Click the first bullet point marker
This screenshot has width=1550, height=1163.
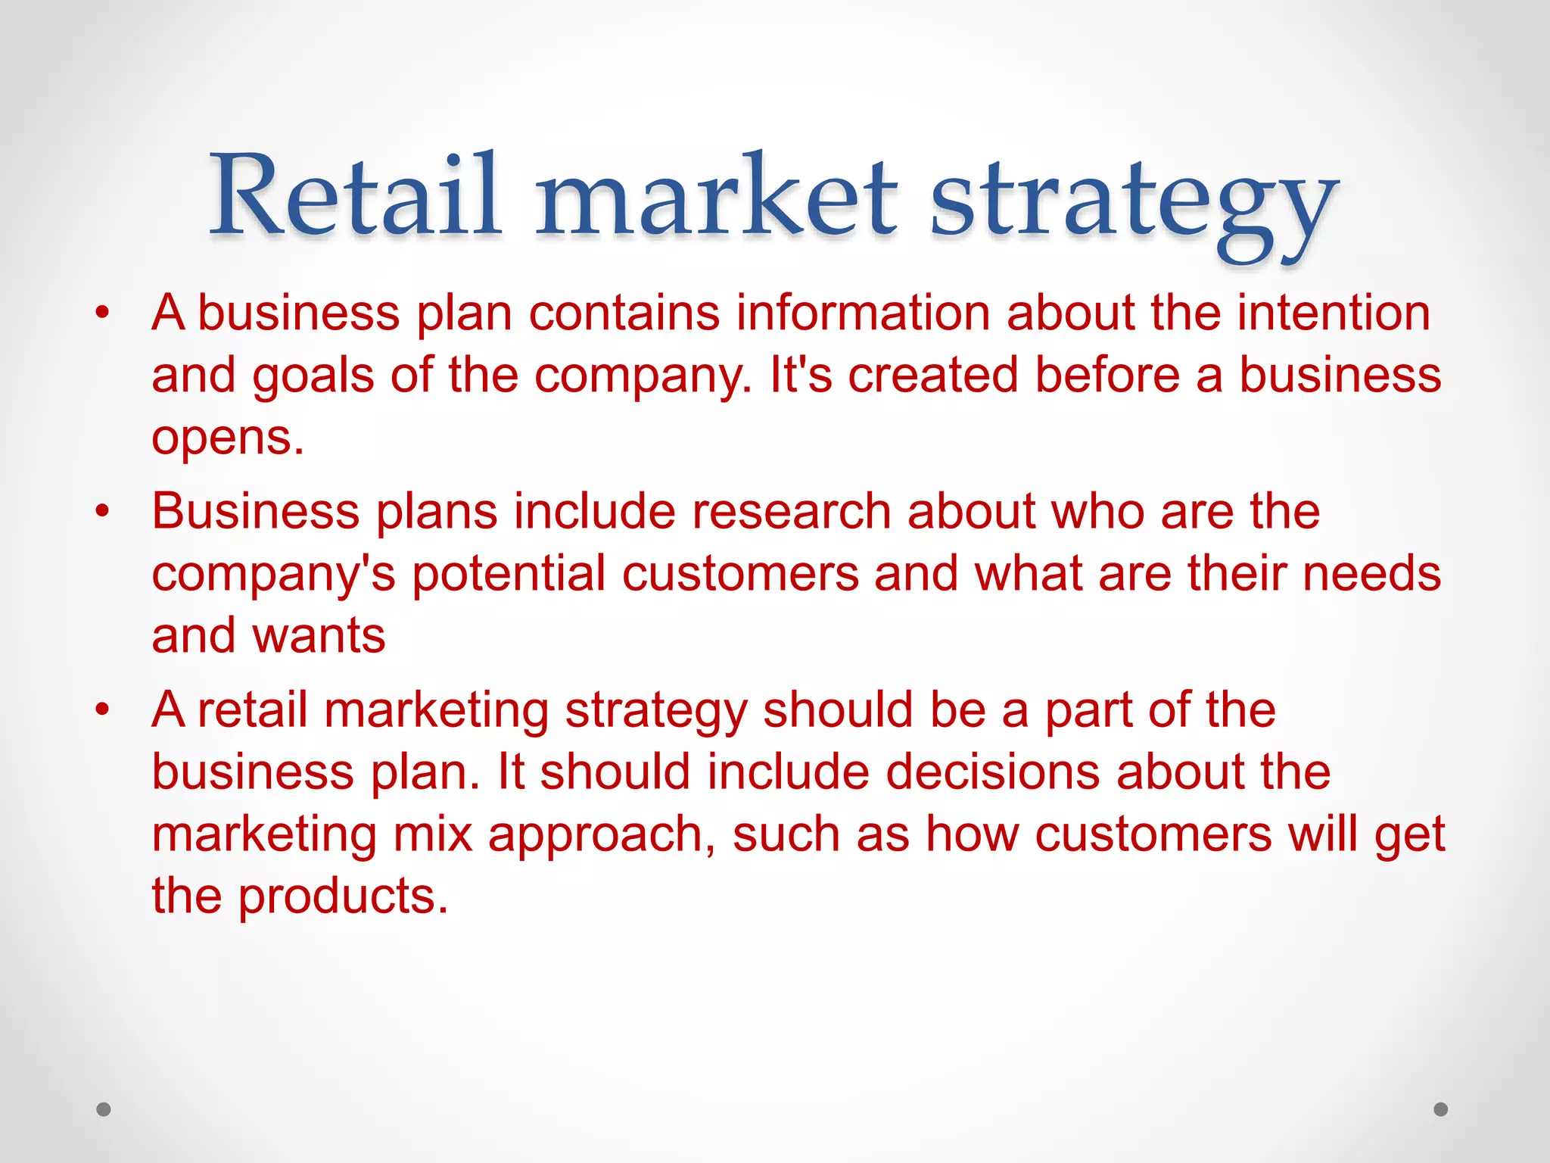click(x=103, y=312)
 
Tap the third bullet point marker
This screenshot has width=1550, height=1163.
click(x=103, y=709)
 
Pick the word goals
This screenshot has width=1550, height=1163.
click(x=313, y=377)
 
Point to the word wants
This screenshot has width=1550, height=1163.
click(x=319, y=635)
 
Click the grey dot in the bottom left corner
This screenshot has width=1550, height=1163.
click(x=104, y=1109)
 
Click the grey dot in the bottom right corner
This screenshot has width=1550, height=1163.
click(x=1441, y=1109)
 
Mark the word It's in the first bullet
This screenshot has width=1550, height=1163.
click(x=800, y=376)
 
